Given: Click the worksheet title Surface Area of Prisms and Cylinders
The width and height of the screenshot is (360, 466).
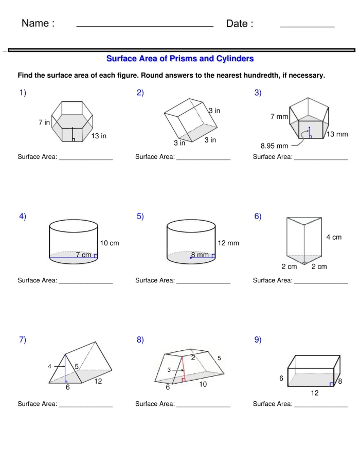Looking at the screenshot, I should click(x=179, y=59).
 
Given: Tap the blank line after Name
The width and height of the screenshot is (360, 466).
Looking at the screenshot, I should click(x=145, y=25).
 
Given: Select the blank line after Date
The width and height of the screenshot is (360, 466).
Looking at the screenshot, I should click(x=307, y=25).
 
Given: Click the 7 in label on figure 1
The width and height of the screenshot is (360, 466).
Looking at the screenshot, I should click(x=44, y=122).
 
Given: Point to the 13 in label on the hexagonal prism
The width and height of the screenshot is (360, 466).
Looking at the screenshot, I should click(x=99, y=136).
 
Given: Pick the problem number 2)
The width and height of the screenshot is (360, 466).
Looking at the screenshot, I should click(x=140, y=93).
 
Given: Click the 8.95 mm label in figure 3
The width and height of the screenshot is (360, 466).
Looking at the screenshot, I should click(x=274, y=146).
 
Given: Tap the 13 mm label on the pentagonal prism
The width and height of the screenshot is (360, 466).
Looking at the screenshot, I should click(x=337, y=135).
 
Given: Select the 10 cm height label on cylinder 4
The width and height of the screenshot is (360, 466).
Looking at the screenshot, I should click(x=110, y=243).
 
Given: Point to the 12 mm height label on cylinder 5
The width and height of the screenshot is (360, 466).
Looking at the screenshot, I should click(x=228, y=243).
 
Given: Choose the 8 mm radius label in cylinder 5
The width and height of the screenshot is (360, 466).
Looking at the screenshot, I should click(x=200, y=255).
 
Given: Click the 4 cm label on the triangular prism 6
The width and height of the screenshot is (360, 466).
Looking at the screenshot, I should click(x=334, y=237).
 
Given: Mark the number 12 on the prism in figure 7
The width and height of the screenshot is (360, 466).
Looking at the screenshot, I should click(x=98, y=382).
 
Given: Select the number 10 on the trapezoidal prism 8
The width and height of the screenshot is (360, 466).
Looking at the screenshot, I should click(x=203, y=384).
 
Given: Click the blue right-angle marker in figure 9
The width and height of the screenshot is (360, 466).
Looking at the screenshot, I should click(x=332, y=384).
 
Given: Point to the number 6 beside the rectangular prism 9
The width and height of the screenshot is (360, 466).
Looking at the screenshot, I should click(x=281, y=378).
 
